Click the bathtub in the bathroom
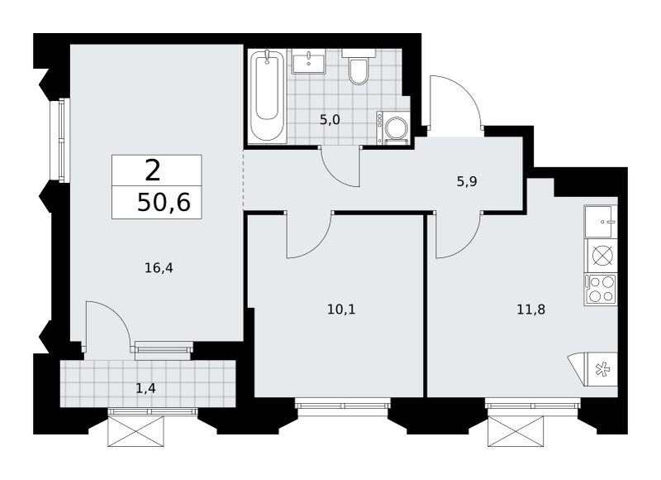tap(267, 96)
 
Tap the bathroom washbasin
tap(309, 61)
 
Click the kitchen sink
tap(601, 222)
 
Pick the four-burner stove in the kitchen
tap(601, 289)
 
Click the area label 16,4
tap(159, 267)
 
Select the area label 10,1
tap(341, 310)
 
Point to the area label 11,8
tap(531, 310)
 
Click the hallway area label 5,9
tap(467, 181)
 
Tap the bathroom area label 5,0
tap(330, 120)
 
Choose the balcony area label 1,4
tap(146, 387)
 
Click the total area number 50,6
tap(164, 203)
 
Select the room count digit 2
tap(153, 171)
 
